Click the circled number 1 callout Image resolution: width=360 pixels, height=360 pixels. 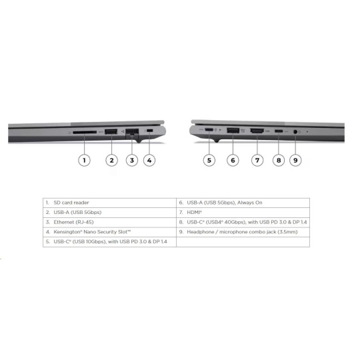pyautogui.click(x=84, y=160)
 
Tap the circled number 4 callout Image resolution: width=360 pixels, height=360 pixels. pyautogui.click(x=149, y=160)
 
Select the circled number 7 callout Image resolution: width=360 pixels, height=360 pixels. pyautogui.click(x=257, y=160)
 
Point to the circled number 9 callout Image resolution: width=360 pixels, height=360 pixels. pyautogui.click(x=295, y=160)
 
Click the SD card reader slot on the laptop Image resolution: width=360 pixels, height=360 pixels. pyautogui.click(x=85, y=132)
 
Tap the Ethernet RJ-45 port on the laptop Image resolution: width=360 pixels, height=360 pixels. pyautogui.click(x=132, y=132)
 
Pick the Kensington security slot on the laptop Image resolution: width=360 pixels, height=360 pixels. pyautogui.click(x=150, y=131)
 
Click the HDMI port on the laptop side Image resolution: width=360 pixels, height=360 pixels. pyautogui.click(x=257, y=131)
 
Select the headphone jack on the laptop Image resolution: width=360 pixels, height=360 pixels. pyautogui.click(x=295, y=132)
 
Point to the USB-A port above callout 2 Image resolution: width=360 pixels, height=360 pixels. pyautogui.click(x=111, y=131)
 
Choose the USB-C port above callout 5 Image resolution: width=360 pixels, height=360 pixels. pyautogui.click(x=209, y=130)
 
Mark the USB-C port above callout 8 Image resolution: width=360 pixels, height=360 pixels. pyautogui.click(x=279, y=131)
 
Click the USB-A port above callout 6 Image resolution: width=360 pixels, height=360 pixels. pyautogui.click(x=233, y=131)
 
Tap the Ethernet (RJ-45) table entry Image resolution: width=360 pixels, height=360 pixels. pyautogui.click(x=73, y=222)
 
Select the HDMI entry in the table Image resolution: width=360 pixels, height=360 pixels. pyautogui.click(x=194, y=213)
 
